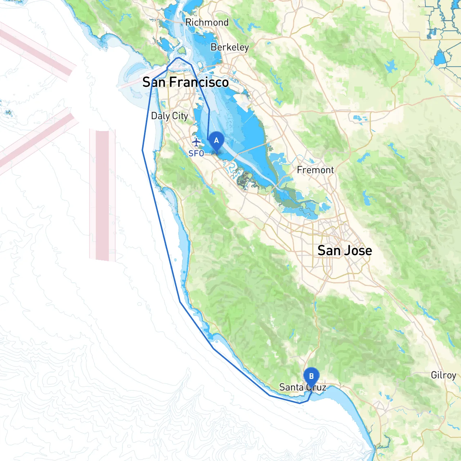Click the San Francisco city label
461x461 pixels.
click(x=185, y=82)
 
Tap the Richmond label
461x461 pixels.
click(x=207, y=22)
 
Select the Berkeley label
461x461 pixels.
click(x=230, y=47)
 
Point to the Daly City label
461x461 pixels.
click(x=169, y=116)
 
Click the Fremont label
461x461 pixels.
click(x=315, y=170)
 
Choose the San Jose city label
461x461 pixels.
click(x=345, y=250)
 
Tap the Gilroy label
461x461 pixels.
click(x=443, y=375)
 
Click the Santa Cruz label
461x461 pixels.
click(x=303, y=388)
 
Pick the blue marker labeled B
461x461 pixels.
click(x=311, y=376)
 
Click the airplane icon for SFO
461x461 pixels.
click(x=196, y=142)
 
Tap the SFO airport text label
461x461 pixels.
click(x=196, y=153)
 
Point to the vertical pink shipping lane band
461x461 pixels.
click(x=102, y=194)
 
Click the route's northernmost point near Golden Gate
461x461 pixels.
click(x=179, y=58)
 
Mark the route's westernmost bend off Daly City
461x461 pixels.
click(x=143, y=150)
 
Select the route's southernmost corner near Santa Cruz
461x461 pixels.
click(x=300, y=403)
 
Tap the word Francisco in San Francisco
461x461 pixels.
click(x=199, y=82)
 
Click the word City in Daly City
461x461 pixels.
click(x=180, y=116)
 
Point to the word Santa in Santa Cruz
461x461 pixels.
click(x=291, y=388)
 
